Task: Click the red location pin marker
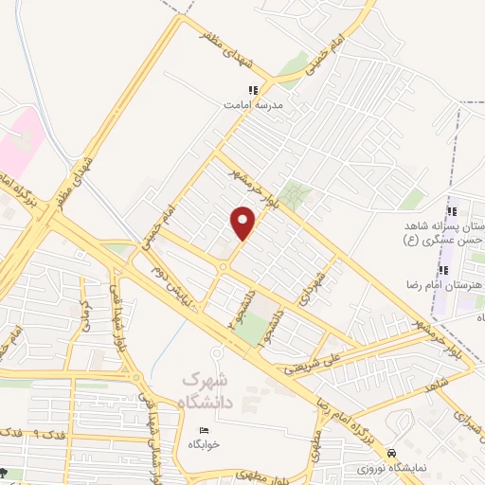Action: [x=243, y=223]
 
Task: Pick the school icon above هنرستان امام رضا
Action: [x=443, y=271]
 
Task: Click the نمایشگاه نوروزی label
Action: [x=391, y=469]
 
